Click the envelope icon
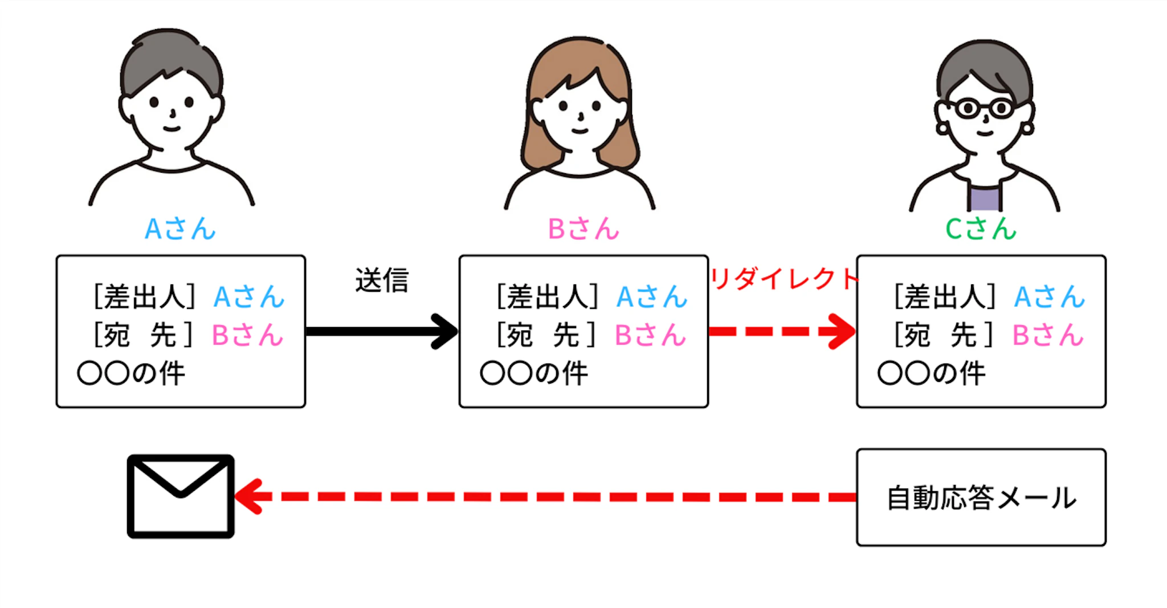(x=181, y=496)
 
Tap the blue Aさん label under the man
(x=180, y=229)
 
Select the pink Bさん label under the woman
(x=583, y=229)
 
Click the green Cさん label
(x=981, y=229)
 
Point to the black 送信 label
(x=382, y=280)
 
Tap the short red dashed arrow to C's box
(x=781, y=331)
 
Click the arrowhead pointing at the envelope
(x=248, y=496)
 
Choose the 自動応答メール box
(x=981, y=497)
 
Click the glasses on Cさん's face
(x=984, y=108)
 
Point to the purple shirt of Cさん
(x=984, y=198)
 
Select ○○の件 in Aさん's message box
(x=132, y=374)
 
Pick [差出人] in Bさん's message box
(x=548, y=297)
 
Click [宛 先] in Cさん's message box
(x=944, y=334)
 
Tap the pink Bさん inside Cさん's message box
(x=1048, y=335)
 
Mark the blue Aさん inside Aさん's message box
(x=248, y=297)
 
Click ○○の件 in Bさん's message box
(x=534, y=374)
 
